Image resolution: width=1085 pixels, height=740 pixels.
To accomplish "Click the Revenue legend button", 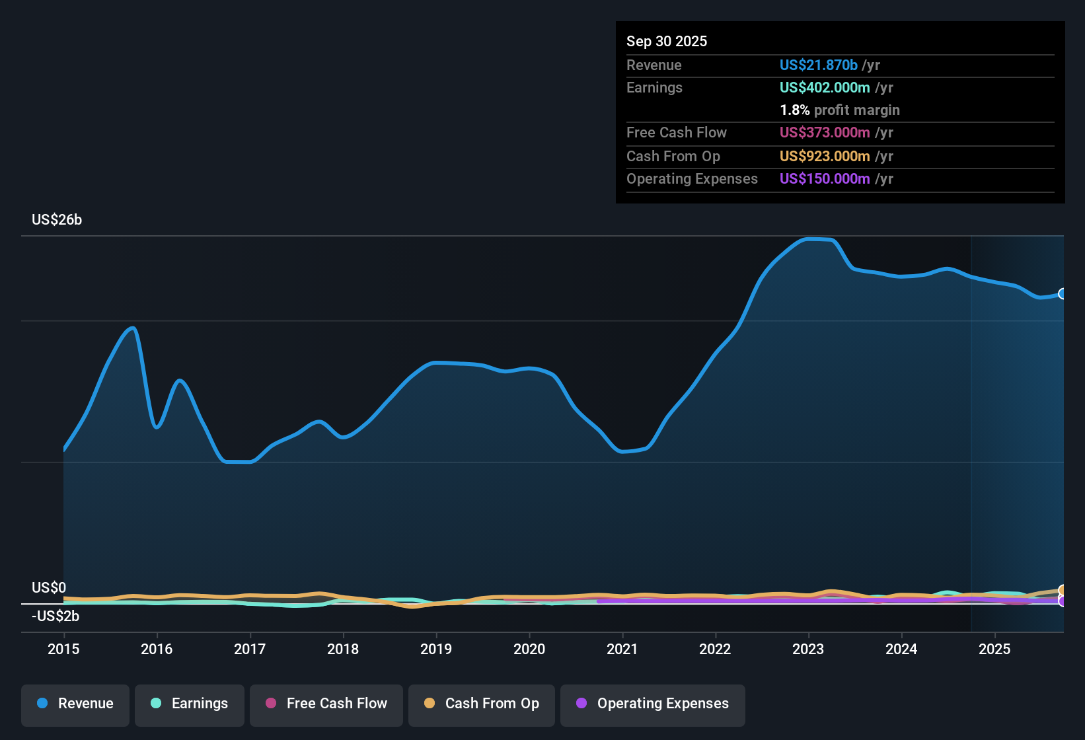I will pos(75,704).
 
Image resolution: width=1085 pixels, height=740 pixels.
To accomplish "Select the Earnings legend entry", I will pos(190,704).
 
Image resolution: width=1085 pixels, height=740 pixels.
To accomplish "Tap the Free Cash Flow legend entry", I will pos(326,704).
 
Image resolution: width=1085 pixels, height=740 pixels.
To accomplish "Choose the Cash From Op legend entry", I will pos(482,704).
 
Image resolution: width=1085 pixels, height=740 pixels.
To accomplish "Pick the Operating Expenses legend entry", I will pos(653,704).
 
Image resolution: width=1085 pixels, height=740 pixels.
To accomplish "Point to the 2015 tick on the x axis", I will pos(63,649).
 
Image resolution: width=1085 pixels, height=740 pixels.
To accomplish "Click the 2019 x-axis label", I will pos(436,649).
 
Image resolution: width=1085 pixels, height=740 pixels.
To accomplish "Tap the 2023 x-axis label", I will pos(808,649).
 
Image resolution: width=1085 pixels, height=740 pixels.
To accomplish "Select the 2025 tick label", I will pos(994,649).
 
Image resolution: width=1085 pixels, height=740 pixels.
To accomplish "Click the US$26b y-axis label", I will pos(57,220).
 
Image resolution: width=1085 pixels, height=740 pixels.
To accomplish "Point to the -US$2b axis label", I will pos(56,616).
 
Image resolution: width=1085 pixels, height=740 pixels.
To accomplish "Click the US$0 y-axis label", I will pos(49,588).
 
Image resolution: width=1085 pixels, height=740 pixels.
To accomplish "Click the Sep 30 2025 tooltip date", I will pos(667,41).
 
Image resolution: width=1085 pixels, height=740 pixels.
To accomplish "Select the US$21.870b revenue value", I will pos(818,65).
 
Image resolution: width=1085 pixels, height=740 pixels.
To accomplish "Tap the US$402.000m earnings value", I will pos(824,87).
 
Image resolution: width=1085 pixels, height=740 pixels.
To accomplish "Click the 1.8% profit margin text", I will pos(840,110).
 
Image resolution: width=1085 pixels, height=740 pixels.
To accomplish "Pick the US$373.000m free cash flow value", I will pos(824,132).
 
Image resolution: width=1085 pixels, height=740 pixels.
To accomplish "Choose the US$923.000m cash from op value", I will pos(824,156).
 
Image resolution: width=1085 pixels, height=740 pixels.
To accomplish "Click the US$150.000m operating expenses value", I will pos(824,178).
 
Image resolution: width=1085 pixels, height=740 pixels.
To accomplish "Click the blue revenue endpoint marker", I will pos(1063,293).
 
